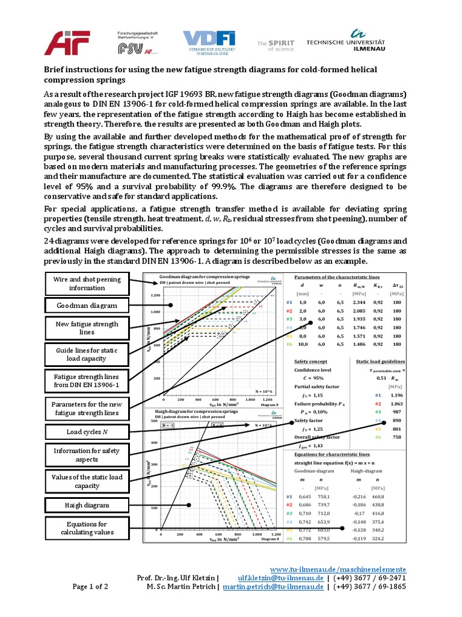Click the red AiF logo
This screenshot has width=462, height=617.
(67, 43)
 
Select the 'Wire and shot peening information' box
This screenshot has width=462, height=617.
(87, 283)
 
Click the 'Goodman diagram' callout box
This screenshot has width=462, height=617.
(87, 305)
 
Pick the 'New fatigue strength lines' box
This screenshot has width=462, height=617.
(87, 328)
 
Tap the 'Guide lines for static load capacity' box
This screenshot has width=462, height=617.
(87, 354)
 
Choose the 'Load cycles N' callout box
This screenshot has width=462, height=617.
(87, 431)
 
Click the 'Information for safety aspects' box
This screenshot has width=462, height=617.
(87, 454)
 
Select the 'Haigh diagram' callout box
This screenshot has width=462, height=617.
(87, 504)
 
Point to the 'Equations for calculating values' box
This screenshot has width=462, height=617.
(87, 528)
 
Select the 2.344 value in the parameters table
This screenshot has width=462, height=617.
(360, 302)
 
